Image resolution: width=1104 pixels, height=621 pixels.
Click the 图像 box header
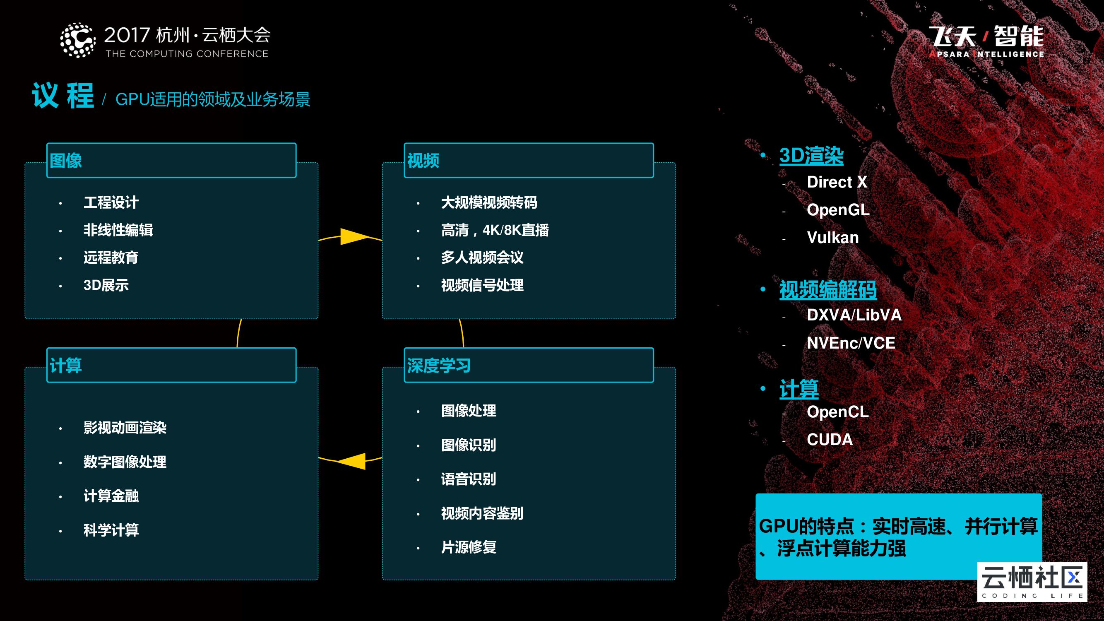point(171,160)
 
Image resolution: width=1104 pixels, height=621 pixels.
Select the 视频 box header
point(529,160)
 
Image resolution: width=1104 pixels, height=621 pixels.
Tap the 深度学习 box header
point(529,365)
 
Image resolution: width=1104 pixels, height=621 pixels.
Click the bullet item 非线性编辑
point(118,230)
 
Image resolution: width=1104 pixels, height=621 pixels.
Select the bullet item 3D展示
point(106,285)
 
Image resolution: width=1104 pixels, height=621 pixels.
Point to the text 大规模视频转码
point(488,203)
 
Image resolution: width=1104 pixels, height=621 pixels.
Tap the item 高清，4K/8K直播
point(495,230)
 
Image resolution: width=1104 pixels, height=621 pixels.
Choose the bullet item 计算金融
point(111,496)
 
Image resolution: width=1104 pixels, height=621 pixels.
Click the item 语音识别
point(469,479)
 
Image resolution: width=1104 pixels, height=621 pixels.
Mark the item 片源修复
point(469,547)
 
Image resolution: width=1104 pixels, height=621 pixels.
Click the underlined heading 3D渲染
point(811,155)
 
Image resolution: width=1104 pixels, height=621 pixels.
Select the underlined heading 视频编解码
point(827,290)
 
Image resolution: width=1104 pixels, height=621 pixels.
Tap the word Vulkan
point(832,237)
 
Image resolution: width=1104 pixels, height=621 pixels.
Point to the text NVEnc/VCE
point(851,343)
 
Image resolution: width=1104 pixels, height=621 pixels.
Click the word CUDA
point(829,440)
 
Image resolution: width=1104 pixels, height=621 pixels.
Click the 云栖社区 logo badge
point(1032,582)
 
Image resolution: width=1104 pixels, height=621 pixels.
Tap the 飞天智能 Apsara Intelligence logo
point(986,42)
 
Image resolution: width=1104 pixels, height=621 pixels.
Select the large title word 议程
point(63,96)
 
